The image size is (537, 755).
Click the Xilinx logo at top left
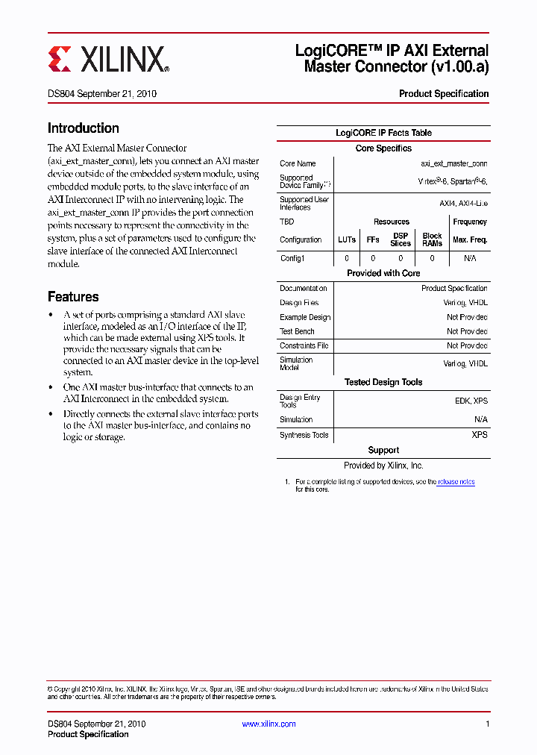coord(109,59)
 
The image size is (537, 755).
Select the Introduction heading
coord(84,128)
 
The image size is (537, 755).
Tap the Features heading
coord(73,296)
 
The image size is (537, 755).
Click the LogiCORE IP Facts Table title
coord(383,133)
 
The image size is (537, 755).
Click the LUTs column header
coord(347,239)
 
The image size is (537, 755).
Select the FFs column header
coord(373,239)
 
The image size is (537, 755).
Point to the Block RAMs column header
coord(432,239)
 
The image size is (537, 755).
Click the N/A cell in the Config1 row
coord(470,258)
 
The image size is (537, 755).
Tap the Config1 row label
coord(292,258)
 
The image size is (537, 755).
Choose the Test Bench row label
coord(297,331)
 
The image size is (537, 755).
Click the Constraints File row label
coord(304,345)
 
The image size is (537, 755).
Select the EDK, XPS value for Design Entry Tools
coord(471,401)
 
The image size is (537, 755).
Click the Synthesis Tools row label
coord(304,435)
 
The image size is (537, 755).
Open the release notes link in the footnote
coord(456,482)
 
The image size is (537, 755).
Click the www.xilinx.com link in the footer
coord(269,724)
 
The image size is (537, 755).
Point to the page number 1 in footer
coord(486,724)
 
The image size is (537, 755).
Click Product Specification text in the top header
coord(444,94)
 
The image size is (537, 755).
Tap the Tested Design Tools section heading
coord(383,382)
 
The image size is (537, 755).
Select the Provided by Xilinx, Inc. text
coord(383,465)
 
